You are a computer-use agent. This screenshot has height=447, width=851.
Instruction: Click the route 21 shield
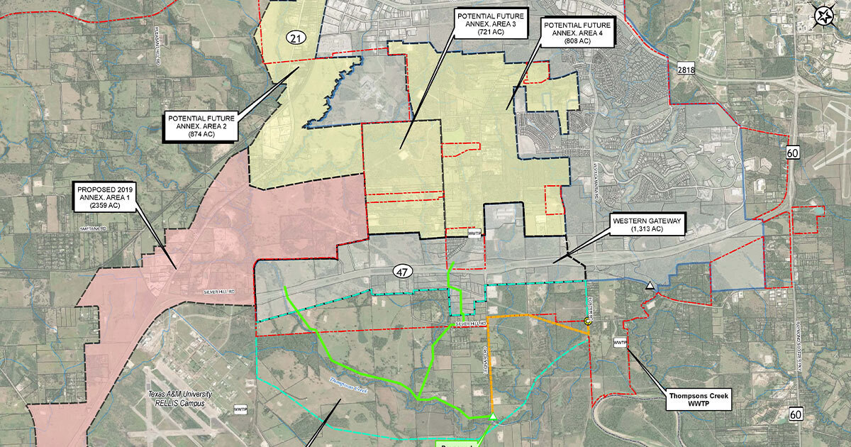[296, 38]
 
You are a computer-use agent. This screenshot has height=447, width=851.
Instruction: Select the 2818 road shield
[686, 69]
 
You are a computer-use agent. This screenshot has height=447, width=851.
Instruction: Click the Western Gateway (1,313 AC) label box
[647, 225]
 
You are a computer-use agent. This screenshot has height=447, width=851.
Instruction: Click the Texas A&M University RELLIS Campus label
[176, 399]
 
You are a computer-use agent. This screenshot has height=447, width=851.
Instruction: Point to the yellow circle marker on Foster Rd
[588, 321]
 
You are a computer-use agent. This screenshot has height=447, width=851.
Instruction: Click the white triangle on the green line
[492, 416]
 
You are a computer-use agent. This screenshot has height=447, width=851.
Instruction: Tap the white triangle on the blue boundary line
[650, 286]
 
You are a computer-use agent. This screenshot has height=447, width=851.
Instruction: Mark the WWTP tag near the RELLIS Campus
[239, 410]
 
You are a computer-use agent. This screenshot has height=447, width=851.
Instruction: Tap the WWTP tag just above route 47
[474, 233]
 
